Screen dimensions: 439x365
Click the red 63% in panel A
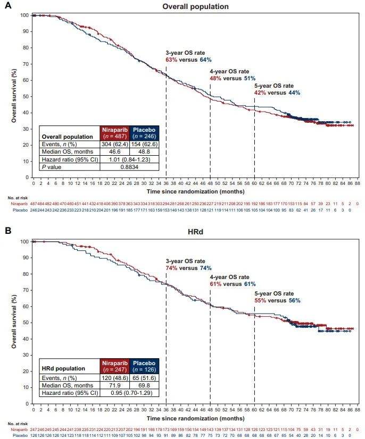pyautogui.click(x=171, y=60)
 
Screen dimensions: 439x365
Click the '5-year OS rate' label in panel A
pyautogui.click(x=273, y=86)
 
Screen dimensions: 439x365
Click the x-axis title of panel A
pyautogui.click(x=195, y=190)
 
